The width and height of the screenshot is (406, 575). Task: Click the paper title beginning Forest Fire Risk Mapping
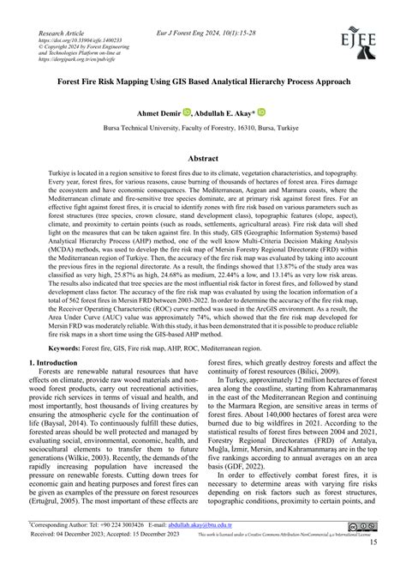click(203, 82)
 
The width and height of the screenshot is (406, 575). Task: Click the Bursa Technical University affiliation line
click(203, 130)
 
